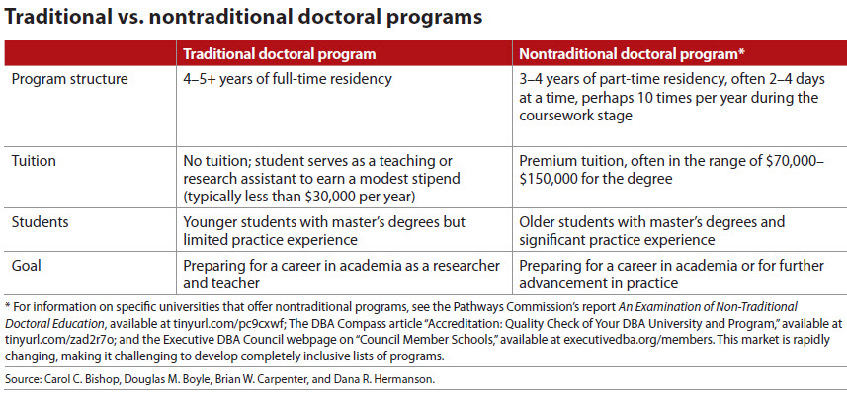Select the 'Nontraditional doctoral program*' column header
(x=634, y=51)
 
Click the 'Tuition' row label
(x=35, y=159)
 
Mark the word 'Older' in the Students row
(x=541, y=223)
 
